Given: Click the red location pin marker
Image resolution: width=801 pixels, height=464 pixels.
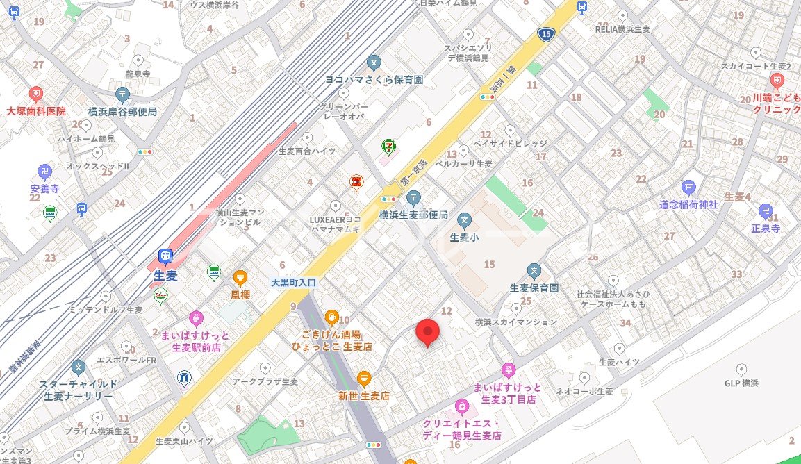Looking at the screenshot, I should coord(427,332).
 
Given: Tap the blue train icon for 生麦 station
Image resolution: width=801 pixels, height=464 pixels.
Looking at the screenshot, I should coord(165,256).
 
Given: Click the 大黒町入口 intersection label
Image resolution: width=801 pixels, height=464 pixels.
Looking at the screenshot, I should coord(293,283).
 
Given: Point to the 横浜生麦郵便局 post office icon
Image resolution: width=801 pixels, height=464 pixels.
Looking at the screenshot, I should coord(413,198).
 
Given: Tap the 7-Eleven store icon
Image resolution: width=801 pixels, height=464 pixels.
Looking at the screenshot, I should coord(388,146).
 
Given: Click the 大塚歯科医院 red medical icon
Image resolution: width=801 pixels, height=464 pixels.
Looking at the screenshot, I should coord(36,94).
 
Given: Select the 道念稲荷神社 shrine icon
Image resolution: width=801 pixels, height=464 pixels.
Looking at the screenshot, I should coord(688,186).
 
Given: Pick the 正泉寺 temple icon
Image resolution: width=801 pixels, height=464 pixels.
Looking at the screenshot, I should coord(766,210).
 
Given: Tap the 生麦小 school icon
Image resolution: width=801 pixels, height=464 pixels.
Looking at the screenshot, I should coord(464,221).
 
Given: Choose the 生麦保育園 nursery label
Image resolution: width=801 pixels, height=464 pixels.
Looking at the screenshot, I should coord(534,288).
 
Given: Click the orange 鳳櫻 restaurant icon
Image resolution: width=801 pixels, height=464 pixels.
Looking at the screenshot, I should coord(240,277).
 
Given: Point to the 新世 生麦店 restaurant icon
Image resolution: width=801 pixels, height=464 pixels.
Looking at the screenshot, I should coord(364,379).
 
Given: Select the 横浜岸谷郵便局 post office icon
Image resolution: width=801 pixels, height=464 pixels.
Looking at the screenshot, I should coord(122,94).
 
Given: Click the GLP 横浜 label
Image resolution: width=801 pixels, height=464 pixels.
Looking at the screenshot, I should coord(741,383).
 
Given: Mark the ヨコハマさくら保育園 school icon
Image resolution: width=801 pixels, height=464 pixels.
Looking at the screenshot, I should coord(374,63).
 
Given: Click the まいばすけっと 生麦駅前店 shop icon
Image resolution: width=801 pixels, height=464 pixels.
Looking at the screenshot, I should coord(197,318).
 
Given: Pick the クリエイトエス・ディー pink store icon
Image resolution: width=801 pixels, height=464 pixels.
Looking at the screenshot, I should coord(461,405).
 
